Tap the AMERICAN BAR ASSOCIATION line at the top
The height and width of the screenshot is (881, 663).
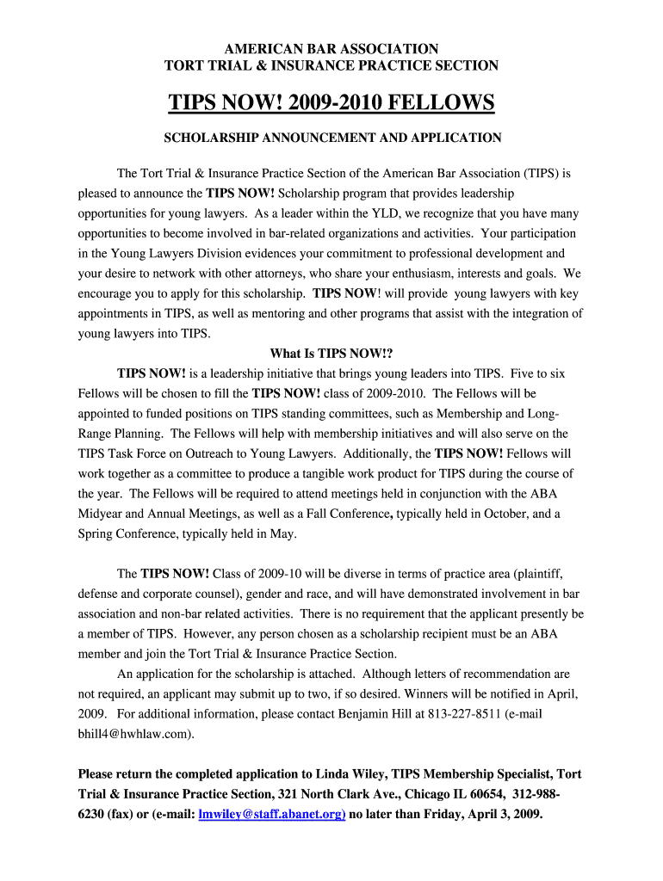coord(331,49)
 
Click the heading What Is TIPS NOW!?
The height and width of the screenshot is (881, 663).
coord(331,354)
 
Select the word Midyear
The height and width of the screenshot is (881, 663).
coord(102,514)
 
